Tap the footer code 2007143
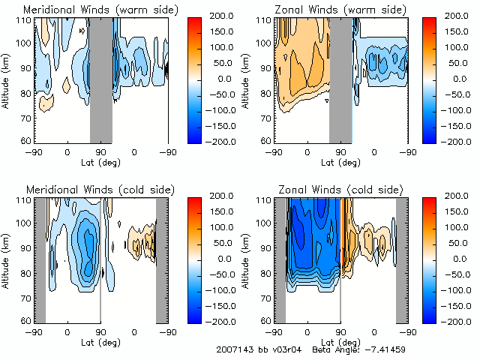click(x=233, y=349)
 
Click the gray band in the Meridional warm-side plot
click(x=101, y=79)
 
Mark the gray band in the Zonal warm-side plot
click(x=340, y=79)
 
